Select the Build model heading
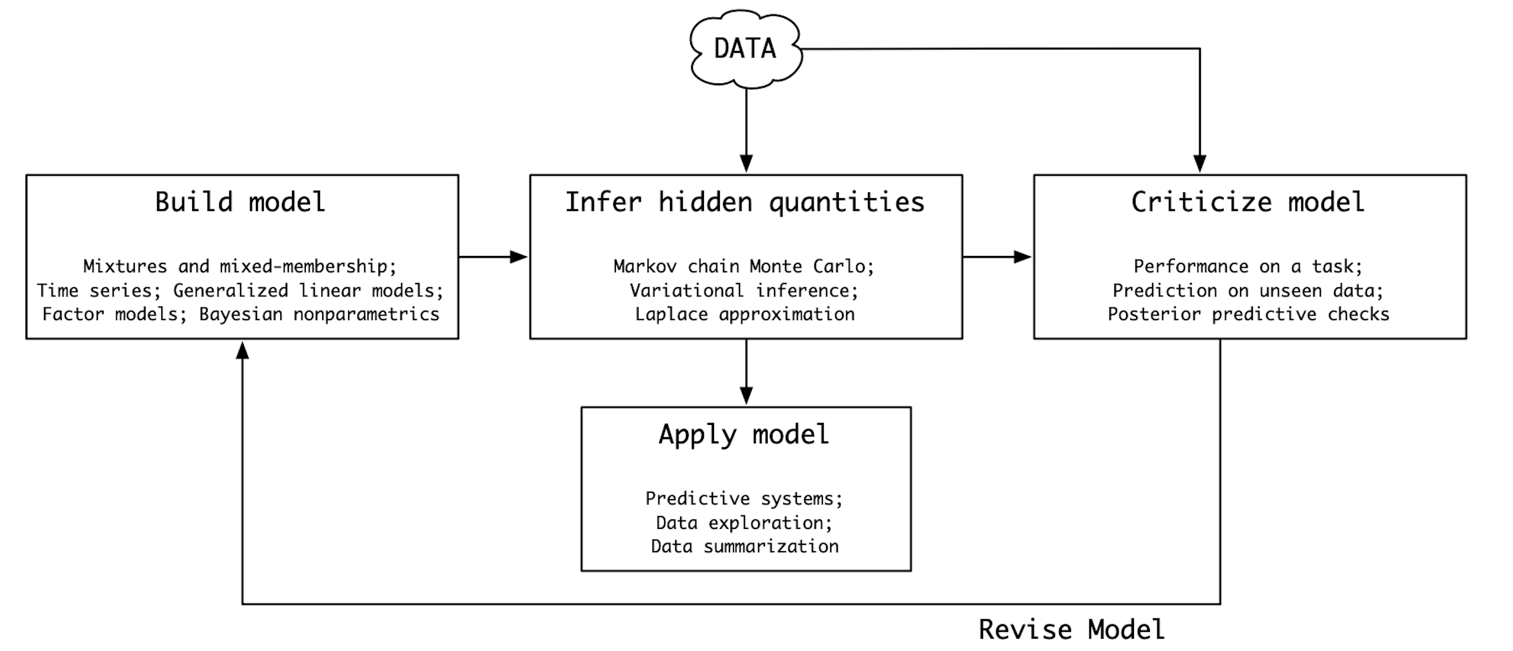[240, 202]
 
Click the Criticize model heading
[1248, 202]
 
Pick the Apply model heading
[744, 435]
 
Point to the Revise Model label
[1071, 630]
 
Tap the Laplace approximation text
[745, 314]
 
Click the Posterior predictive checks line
[1249, 314]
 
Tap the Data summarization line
[745, 546]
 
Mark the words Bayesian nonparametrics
[319, 314]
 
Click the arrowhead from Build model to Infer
[519, 257]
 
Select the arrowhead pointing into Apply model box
[746, 396]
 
